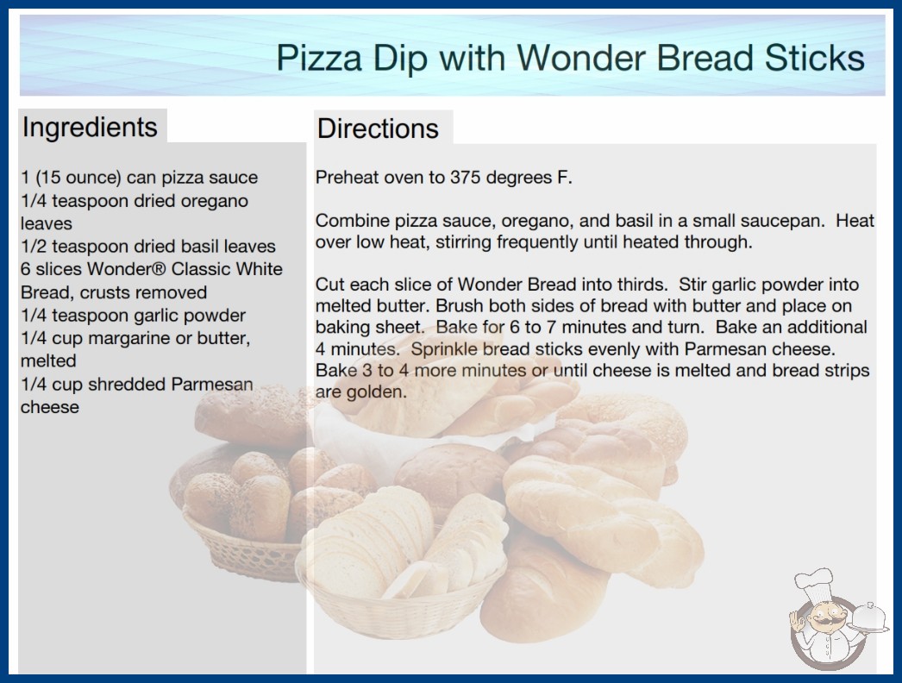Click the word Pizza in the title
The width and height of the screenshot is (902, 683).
tap(319, 58)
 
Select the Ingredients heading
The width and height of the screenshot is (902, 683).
tap(90, 127)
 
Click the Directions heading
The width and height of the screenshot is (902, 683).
tap(378, 128)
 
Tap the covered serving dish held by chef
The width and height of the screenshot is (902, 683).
tap(868, 618)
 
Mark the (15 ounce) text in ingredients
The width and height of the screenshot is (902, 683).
tap(78, 178)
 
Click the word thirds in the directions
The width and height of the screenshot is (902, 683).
tap(642, 285)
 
